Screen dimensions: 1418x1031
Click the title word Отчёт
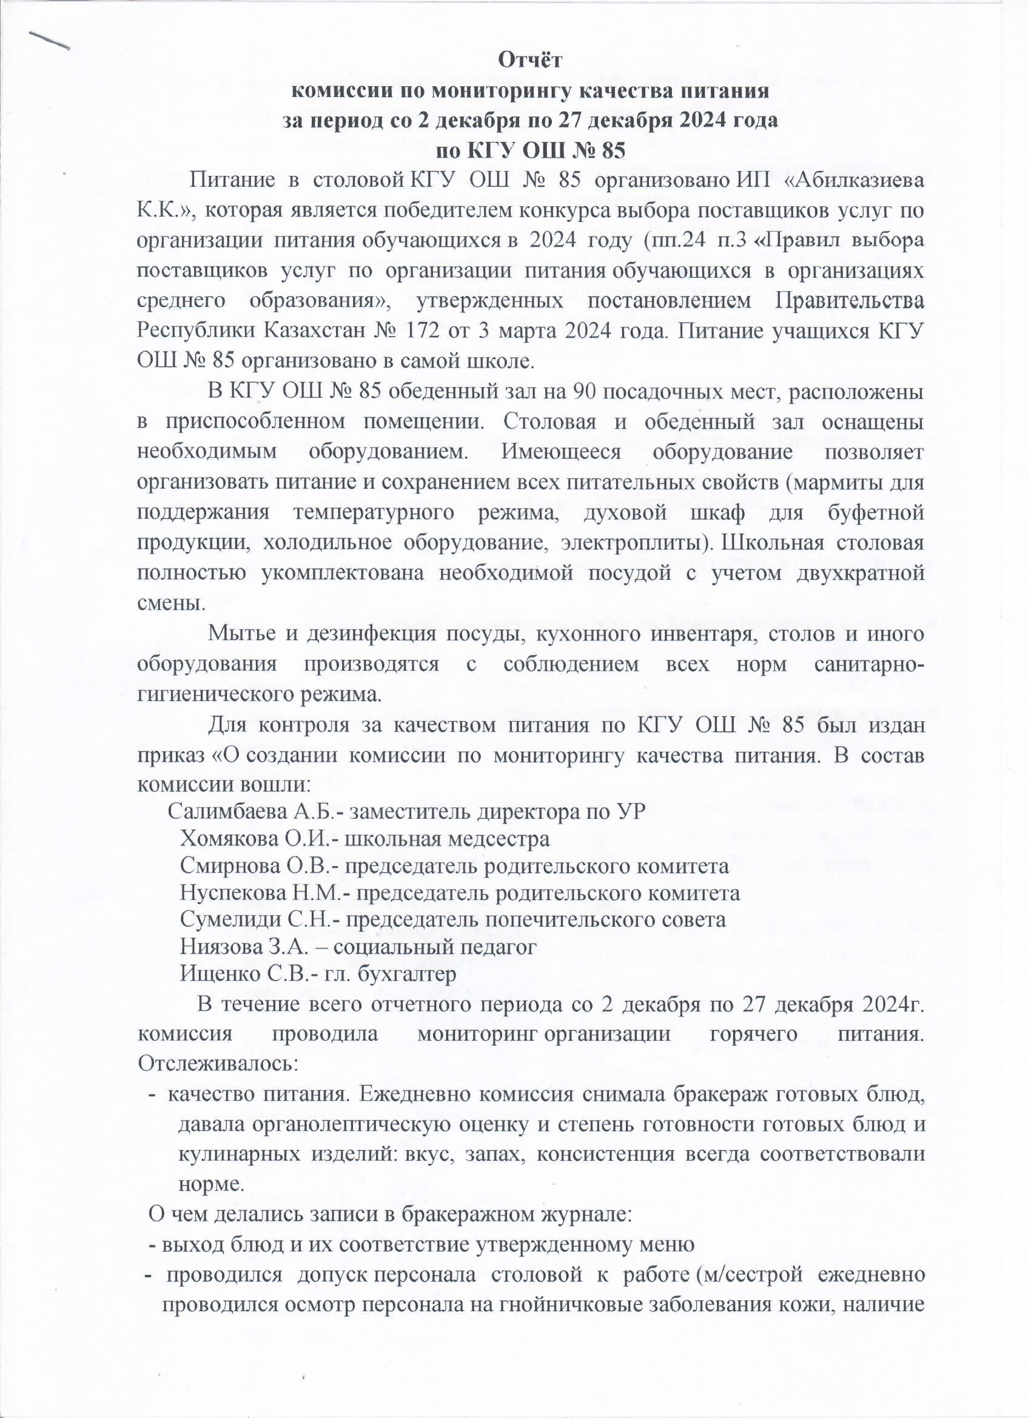click(x=531, y=61)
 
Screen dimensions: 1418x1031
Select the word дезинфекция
click(x=369, y=634)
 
